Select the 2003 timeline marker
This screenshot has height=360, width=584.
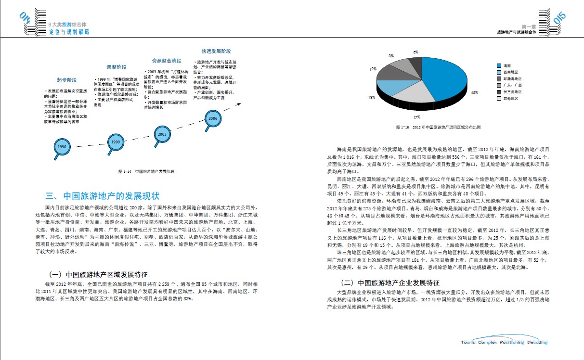pyautogui.click(x=162, y=134)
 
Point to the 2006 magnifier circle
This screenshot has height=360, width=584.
pyautogui.click(x=213, y=118)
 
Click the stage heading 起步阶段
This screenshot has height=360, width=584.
pyautogui.click(x=66, y=80)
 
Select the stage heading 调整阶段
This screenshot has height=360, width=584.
pyautogui.click(x=116, y=67)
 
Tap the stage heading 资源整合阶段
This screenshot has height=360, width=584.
pyautogui.click(x=167, y=61)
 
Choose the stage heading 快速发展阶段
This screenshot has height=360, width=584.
pyautogui.click(x=216, y=51)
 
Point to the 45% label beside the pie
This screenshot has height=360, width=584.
pyautogui.click(x=474, y=92)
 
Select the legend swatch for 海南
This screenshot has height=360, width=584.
pyautogui.click(x=499, y=65)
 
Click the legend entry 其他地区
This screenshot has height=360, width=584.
pyautogui.click(x=510, y=98)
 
